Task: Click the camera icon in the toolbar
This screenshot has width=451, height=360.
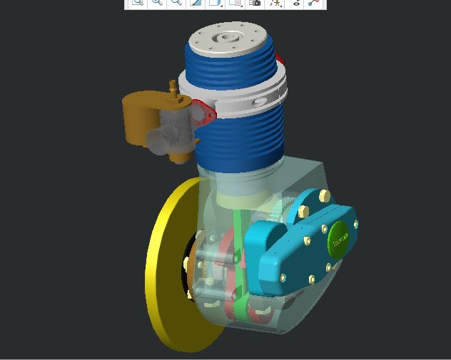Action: pos(255,3)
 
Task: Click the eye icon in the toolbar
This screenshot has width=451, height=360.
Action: pos(297,3)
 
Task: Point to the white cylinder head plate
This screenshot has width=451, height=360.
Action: pos(228,39)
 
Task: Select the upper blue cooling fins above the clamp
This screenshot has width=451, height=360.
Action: pos(228,64)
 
